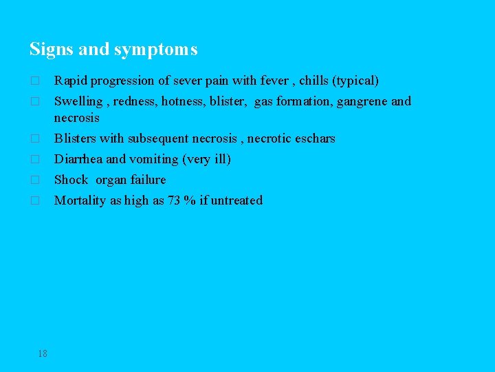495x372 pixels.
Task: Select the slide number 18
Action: (x=43, y=353)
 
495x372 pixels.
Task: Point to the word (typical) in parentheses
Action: (x=355, y=81)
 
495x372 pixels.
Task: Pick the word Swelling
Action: (x=78, y=101)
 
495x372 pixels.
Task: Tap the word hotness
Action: (x=182, y=101)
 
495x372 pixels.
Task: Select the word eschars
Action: (x=315, y=138)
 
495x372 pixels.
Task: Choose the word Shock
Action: (x=71, y=180)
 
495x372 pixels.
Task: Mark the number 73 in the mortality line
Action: (x=174, y=200)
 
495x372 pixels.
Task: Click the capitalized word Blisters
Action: (x=76, y=138)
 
